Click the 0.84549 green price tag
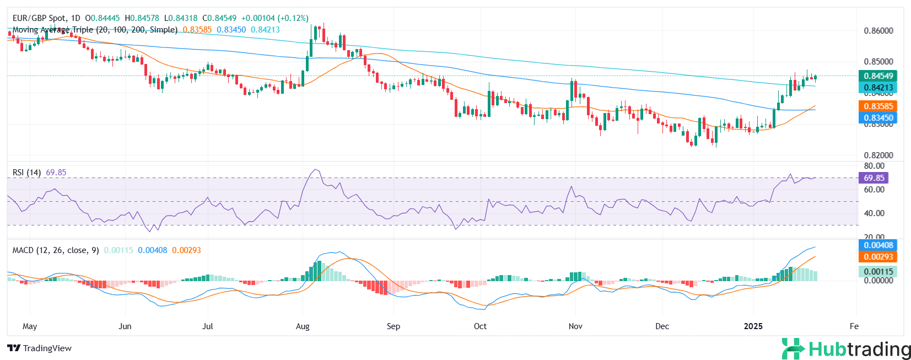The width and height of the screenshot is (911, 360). pyautogui.click(x=877, y=76)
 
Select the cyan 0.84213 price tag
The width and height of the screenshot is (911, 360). pyautogui.click(x=877, y=88)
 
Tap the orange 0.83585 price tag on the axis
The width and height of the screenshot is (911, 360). pyautogui.click(x=877, y=106)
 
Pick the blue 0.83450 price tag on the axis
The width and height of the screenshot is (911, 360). pyautogui.click(x=877, y=118)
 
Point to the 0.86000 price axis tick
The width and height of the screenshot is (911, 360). pyautogui.click(x=878, y=31)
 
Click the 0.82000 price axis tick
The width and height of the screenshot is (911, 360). pyautogui.click(x=878, y=155)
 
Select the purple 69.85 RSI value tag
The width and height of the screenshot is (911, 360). pyautogui.click(x=874, y=178)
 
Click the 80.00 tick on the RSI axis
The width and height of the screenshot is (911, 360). pyautogui.click(x=874, y=166)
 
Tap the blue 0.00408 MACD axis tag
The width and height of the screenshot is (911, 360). pyautogui.click(x=877, y=245)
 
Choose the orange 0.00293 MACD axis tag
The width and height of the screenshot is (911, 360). pyautogui.click(x=877, y=257)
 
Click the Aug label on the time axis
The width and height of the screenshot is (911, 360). pyautogui.click(x=303, y=326)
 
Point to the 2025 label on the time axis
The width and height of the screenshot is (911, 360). pyautogui.click(x=753, y=326)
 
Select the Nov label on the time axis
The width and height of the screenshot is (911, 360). pyautogui.click(x=575, y=326)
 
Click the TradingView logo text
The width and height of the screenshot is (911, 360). pyautogui.click(x=40, y=348)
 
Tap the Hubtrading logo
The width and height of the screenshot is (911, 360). pyautogui.click(x=847, y=350)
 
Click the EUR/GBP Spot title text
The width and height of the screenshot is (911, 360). pyautogui.click(x=39, y=18)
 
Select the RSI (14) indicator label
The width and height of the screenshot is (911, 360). pyautogui.click(x=26, y=173)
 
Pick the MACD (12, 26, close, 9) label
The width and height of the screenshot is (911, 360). pyautogui.click(x=56, y=250)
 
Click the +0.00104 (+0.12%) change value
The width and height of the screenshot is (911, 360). pyautogui.click(x=275, y=18)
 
